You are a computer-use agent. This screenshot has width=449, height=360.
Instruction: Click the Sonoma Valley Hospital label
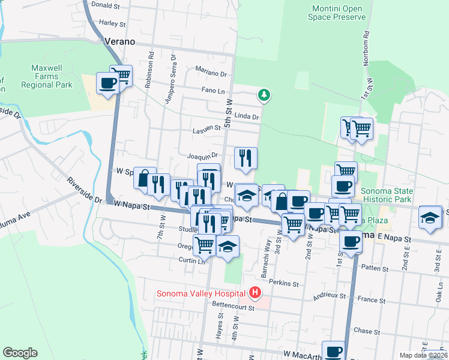pyautogui.click(x=200, y=293)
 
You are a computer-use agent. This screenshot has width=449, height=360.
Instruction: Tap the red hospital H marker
pyautogui.click(x=255, y=293)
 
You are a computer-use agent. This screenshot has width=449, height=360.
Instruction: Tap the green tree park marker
pyautogui.click(x=264, y=95)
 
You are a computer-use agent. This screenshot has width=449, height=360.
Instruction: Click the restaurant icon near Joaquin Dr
pyautogui.click(x=246, y=158)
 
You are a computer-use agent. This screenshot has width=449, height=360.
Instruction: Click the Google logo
pyautogui.click(x=20, y=353)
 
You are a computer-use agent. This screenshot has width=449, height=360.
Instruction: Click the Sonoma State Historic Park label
pyautogui.click(x=387, y=194)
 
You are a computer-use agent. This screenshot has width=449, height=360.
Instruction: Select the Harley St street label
pyautogui.click(x=112, y=24)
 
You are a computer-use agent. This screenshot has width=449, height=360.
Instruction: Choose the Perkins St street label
pyautogui.click(x=285, y=283)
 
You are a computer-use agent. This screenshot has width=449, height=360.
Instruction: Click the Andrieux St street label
pyautogui.click(x=331, y=296)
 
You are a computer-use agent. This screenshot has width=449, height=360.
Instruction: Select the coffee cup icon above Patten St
pyautogui.click(x=351, y=241)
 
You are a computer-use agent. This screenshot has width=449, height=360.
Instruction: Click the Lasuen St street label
pyautogui.click(x=206, y=128)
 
